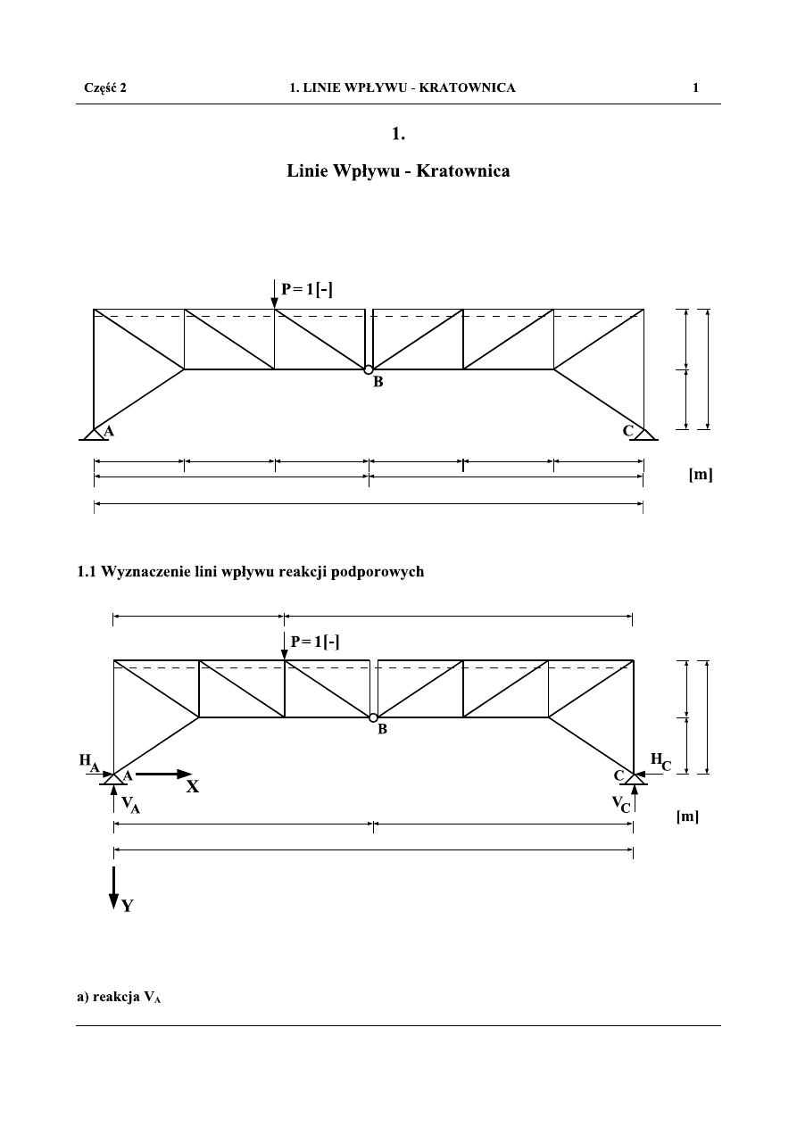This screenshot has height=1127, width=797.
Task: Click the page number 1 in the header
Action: pyautogui.click(x=695, y=87)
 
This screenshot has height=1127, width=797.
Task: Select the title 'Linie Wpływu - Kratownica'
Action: pyautogui.click(x=398, y=170)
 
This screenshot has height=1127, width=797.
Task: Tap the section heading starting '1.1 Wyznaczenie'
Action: pyautogui.click(x=250, y=573)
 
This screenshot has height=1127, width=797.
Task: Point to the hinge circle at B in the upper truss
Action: pyautogui.click(x=368, y=369)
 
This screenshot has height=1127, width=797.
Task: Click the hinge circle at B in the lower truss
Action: pyautogui.click(x=373, y=717)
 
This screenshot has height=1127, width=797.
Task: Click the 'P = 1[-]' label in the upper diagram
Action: pyautogui.click(x=307, y=288)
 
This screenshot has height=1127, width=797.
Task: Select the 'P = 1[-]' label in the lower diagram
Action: pyautogui.click(x=315, y=641)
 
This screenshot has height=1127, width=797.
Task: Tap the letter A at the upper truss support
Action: pyautogui.click(x=109, y=431)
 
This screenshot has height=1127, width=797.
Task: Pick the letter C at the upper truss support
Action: pyautogui.click(x=628, y=431)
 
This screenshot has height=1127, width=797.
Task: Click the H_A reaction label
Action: pyautogui.click(x=88, y=762)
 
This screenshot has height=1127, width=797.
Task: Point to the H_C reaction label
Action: pyautogui.click(x=660, y=761)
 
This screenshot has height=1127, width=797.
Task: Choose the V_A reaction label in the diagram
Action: pyautogui.click(x=130, y=805)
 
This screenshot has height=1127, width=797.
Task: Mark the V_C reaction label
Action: pyautogui.click(x=620, y=805)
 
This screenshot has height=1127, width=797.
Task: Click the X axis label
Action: pyautogui.click(x=193, y=788)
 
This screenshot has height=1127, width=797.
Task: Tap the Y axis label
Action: pyautogui.click(x=128, y=906)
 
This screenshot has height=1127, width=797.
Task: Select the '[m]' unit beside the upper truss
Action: pyautogui.click(x=700, y=476)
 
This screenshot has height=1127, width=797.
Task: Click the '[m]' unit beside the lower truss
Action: pyautogui.click(x=687, y=816)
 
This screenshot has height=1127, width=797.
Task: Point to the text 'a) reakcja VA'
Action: pyautogui.click(x=118, y=998)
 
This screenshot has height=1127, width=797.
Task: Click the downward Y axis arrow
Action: pyautogui.click(x=113, y=887)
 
